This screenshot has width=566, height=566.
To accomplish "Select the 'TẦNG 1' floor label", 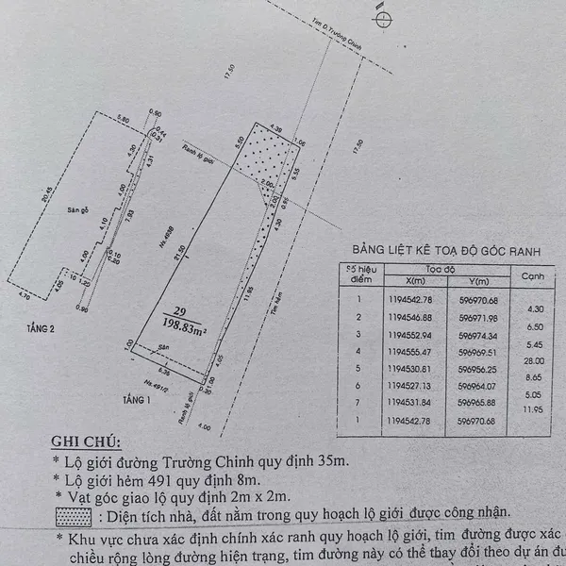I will [x=123, y=400].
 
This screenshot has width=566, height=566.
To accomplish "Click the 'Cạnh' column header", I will [x=534, y=276].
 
